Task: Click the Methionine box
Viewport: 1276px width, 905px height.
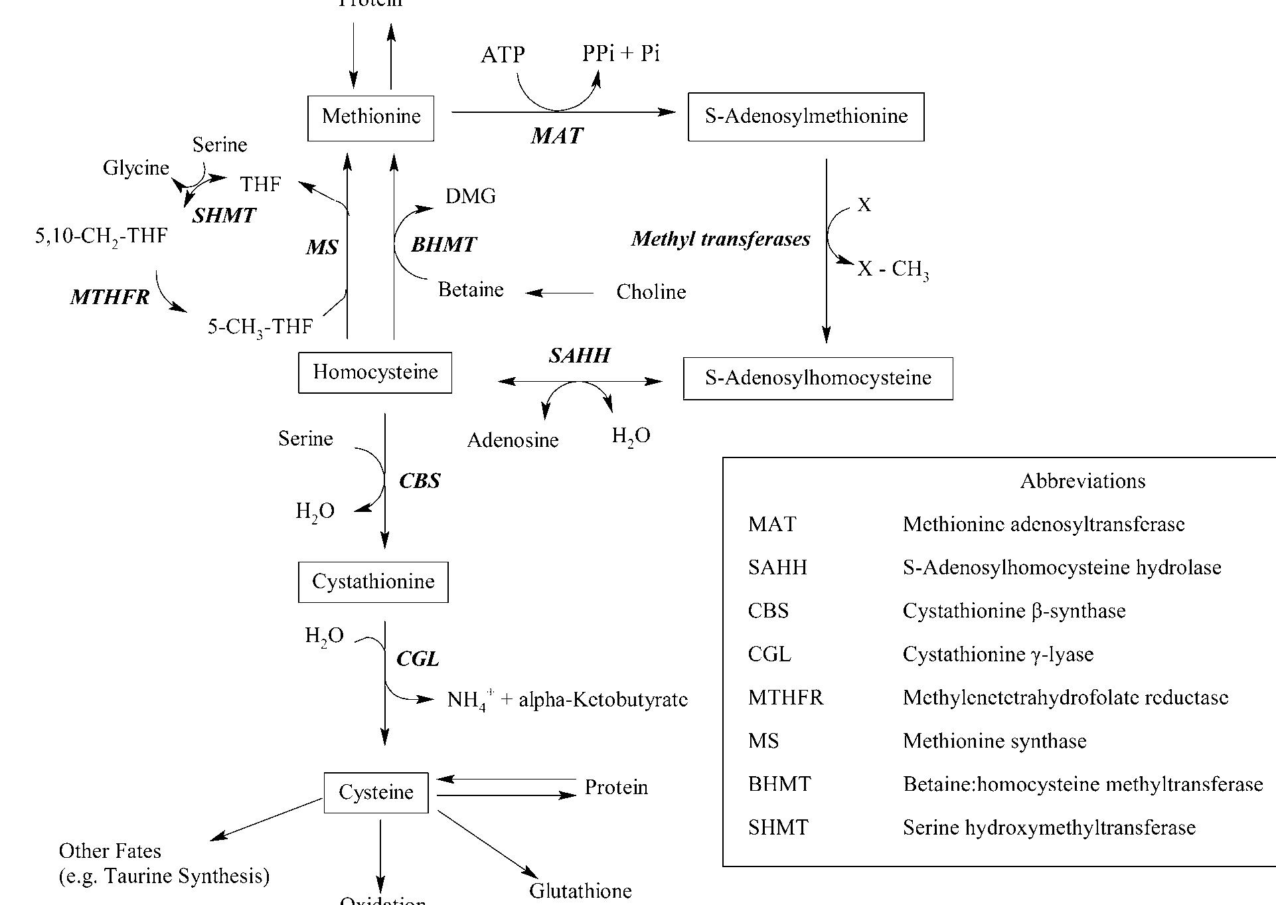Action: (370, 118)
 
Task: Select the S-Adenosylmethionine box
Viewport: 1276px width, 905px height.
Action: (805, 117)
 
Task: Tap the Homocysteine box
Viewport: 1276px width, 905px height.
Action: (375, 372)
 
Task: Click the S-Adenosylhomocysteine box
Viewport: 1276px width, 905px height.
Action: (817, 378)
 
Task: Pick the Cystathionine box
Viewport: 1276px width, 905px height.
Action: (373, 582)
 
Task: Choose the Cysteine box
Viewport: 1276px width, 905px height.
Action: (376, 792)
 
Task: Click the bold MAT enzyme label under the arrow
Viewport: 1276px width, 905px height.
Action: (556, 136)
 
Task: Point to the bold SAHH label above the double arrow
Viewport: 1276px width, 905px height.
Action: (579, 356)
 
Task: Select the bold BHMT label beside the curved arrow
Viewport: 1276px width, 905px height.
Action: (443, 245)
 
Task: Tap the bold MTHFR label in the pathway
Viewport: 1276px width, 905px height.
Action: (110, 297)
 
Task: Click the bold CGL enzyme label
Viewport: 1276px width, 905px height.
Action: (418, 659)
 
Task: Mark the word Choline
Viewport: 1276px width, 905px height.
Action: (651, 292)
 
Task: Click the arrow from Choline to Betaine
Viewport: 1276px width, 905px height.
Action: (560, 293)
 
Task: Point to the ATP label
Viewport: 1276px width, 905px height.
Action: (503, 54)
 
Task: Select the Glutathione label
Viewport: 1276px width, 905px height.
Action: (580, 890)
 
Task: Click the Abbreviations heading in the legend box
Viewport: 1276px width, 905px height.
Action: (1082, 481)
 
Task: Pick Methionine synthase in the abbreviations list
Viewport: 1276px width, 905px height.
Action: (994, 741)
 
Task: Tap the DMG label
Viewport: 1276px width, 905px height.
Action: (470, 197)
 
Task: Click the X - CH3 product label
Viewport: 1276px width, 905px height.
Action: (892, 270)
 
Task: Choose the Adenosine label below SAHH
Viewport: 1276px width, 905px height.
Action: (513, 440)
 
